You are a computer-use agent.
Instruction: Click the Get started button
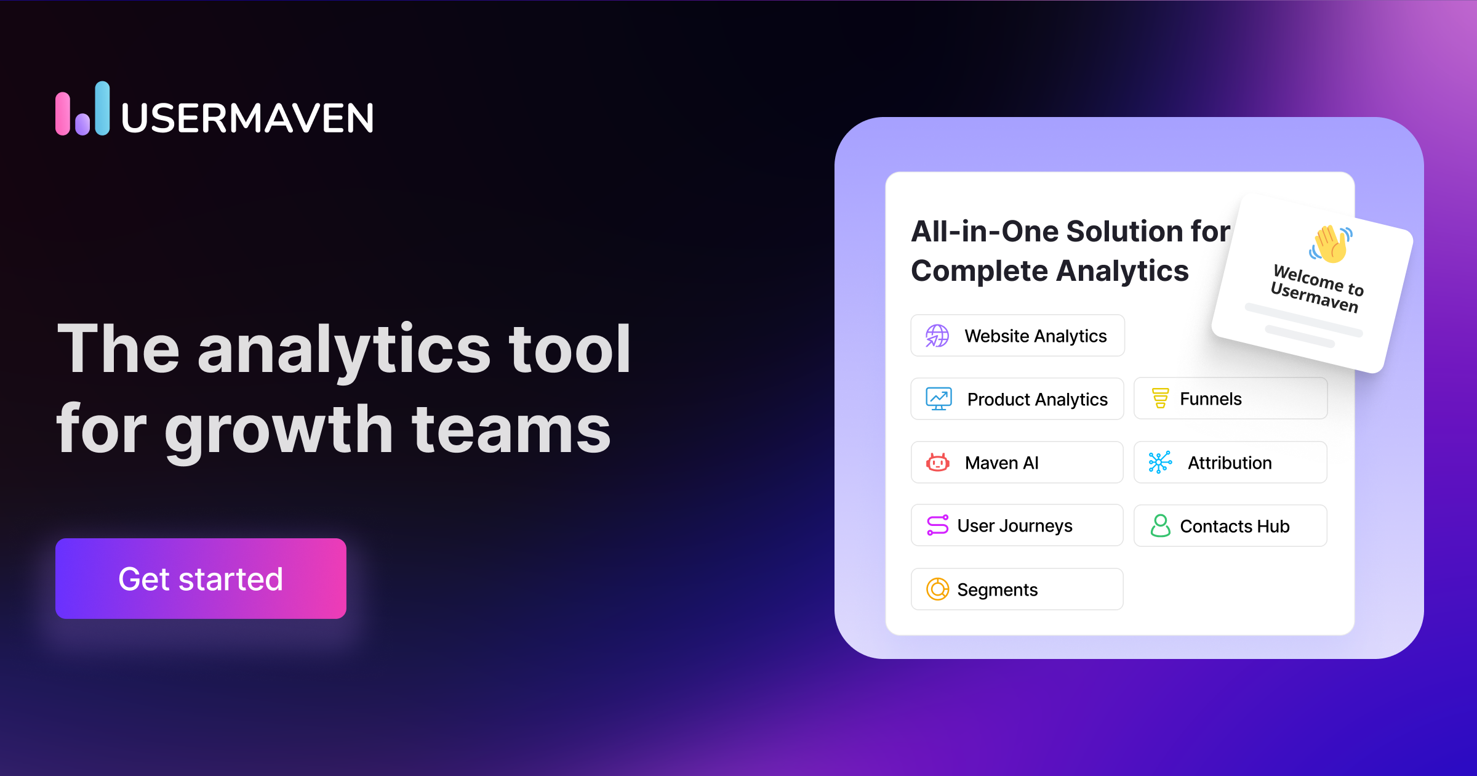tap(201, 578)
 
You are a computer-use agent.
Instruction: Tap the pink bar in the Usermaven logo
tap(63, 114)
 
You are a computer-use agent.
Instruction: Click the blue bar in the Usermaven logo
tap(102, 108)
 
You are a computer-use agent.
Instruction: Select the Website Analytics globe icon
tap(937, 336)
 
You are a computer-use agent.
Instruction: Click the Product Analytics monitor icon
tap(939, 399)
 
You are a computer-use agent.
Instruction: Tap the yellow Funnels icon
tap(1160, 398)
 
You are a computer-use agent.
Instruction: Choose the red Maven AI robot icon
tap(937, 463)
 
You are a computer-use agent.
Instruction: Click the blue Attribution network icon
tap(1160, 463)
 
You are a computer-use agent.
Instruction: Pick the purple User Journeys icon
tap(937, 525)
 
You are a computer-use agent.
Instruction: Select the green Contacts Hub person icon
tap(1160, 526)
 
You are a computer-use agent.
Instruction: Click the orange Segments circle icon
tap(937, 589)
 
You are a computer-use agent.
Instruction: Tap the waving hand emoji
tap(1331, 243)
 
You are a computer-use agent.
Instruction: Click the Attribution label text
tap(1230, 463)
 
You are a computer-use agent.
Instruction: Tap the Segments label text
tap(997, 590)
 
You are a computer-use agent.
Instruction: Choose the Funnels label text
tap(1211, 399)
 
